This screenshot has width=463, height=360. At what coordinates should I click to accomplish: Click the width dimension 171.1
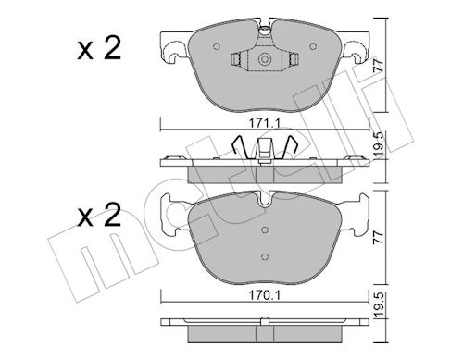click(x=265, y=123)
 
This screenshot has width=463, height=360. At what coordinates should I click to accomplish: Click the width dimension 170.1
click(x=265, y=295)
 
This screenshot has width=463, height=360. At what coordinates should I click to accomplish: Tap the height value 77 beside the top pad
click(x=379, y=66)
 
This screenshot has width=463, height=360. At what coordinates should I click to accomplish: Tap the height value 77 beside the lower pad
click(x=379, y=237)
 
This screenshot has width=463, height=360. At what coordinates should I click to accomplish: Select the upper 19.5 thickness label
click(x=379, y=144)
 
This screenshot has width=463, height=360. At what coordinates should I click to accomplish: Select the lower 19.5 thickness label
click(x=379, y=304)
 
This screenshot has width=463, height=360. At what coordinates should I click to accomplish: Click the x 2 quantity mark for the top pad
click(x=99, y=48)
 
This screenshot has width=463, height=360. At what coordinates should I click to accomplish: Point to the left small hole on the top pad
click(x=217, y=46)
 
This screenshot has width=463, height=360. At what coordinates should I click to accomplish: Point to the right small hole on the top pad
click(x=313, y=46)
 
